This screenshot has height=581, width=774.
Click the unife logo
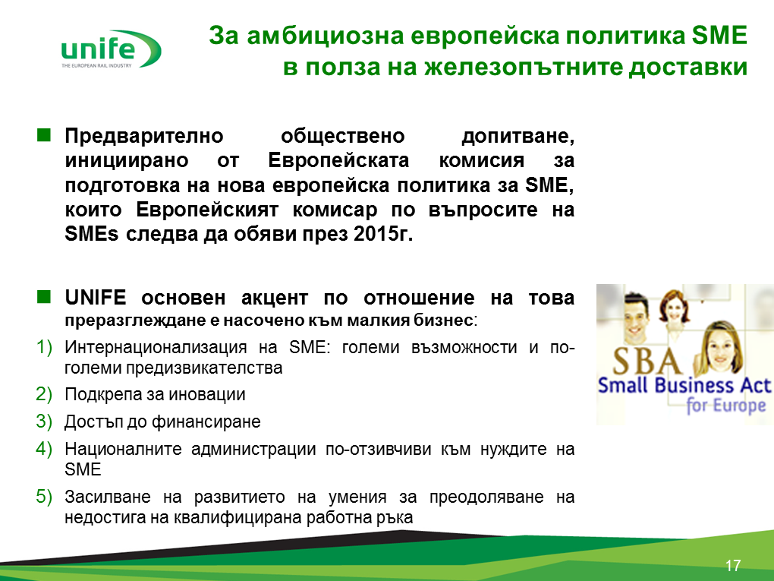111,49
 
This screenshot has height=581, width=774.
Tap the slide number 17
733,565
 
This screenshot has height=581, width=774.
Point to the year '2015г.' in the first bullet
383,234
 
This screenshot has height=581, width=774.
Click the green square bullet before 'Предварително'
44,135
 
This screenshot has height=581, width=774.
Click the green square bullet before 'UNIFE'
44,296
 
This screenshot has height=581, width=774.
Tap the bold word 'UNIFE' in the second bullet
96,298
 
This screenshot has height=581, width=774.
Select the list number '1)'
44,347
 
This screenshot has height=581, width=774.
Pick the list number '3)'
44,422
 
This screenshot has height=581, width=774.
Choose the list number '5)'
44,497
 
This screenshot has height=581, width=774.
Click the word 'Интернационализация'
156,347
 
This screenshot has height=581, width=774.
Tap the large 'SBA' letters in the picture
647,361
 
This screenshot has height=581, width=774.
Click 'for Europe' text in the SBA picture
726,406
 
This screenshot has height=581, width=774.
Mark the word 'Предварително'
144,136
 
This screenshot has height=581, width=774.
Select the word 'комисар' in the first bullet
335,210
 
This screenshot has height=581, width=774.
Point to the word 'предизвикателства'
204,368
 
